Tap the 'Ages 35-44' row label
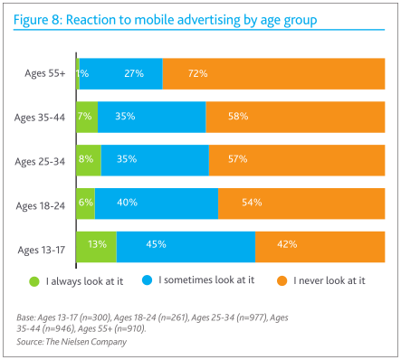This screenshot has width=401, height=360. pos(42,117)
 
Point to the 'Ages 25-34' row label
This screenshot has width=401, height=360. pos(42,160)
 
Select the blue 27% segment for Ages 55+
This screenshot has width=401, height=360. pos(121,73)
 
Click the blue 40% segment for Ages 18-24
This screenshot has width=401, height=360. pos(157,203)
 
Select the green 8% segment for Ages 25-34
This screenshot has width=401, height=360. pos(89,160)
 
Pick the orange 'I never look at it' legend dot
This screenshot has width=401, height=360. pos(282,281)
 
